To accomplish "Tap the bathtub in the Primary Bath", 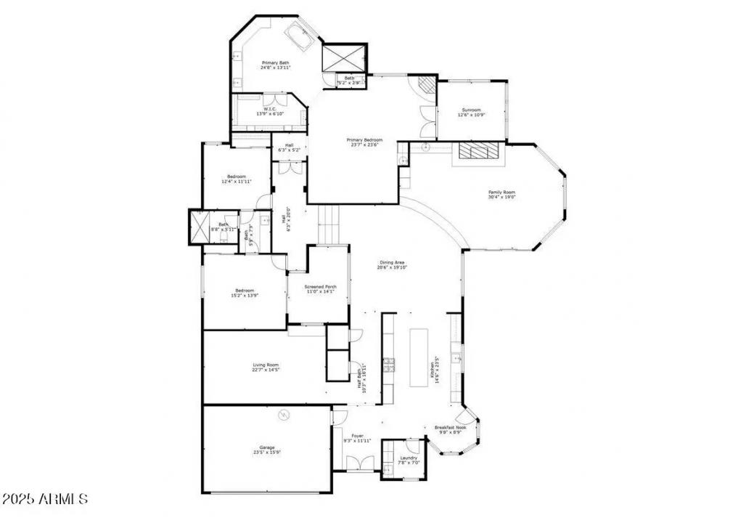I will coord(299,35).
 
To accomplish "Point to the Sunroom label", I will coord(470,113).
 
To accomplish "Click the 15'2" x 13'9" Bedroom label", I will coord(244,293).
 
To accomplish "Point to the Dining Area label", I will coord(392,264).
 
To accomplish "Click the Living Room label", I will coord(266,368).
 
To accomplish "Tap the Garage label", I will coord(267,450).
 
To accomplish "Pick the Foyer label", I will coord(357,438).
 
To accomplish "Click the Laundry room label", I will coord(409,460).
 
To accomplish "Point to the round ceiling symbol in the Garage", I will coord(284,415).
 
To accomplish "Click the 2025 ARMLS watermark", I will coord(45,500).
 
